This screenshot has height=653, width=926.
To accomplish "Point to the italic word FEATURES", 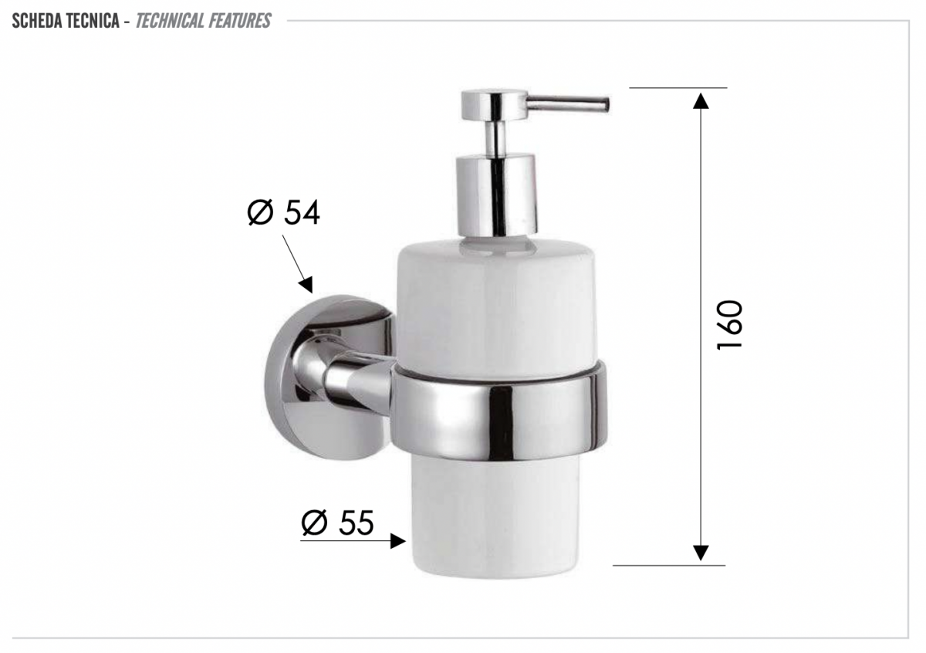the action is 238,21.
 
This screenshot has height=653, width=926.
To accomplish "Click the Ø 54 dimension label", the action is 284,212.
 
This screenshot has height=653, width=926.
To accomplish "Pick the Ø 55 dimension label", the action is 338,523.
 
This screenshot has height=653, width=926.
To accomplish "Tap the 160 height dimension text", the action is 730,326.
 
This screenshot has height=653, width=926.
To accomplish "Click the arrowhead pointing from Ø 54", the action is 306,285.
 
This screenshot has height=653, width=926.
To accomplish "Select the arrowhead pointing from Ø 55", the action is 397,541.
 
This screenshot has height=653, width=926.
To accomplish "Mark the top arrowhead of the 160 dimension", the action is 701,101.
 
